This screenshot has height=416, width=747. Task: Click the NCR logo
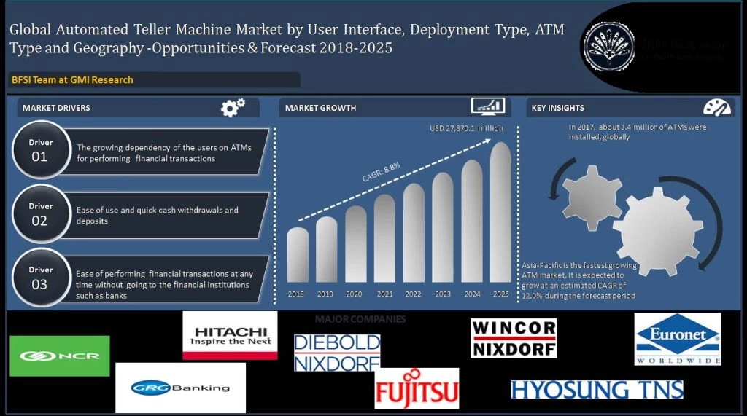pyautogui.click(x=60, y=356)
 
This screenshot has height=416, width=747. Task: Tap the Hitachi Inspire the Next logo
pyautogui.click(x=230, y=335)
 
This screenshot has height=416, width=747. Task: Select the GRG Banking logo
pyautogui.click(x=180, y=388)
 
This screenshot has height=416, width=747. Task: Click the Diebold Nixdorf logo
pyautogui.click(x=337, y=353)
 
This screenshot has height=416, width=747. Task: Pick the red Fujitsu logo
pyautogui.click(x=417, y=388)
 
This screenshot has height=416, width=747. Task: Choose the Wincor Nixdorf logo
pyautogui.click(x=514, y=338)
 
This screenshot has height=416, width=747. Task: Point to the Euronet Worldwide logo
pyautogui.click(x=677, y=339)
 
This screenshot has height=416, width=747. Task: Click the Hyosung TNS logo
pyautogui.click(x=597, y=390)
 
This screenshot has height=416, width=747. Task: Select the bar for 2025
pyautogui.click(x=500, y=212)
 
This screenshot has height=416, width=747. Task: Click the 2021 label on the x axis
pyautogui.click(x=384, y=294)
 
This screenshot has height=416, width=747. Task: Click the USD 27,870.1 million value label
pyautogui.click(x=467, y=129)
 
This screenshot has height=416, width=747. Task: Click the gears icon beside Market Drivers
pyautogui.click(x=233, y=108)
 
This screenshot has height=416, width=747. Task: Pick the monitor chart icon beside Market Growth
pyautogui.click(x=488, y=107)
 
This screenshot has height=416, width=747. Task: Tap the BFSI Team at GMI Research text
pyautogui.click(x=72, y=79)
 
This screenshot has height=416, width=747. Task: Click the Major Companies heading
pyautogui.click(x=360, y=319)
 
